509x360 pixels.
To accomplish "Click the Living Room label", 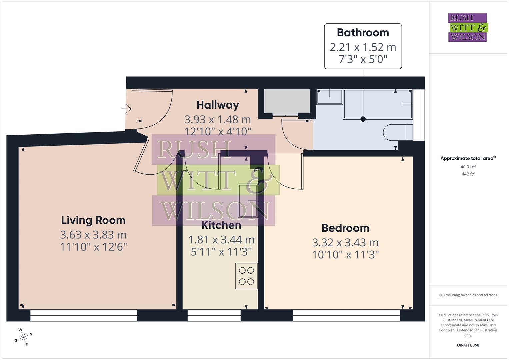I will (x=93, y=220).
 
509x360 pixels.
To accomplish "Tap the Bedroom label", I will (x=345, y=228).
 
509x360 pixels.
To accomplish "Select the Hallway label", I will (x=218, y=105).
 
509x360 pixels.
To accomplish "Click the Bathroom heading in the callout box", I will (x=363, y=33).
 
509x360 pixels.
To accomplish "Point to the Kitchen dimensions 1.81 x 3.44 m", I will (x=221, y=240).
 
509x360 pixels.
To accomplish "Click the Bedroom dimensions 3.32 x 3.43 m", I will (x=345, y=242).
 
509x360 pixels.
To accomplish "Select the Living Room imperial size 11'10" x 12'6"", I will (x=93, y=247).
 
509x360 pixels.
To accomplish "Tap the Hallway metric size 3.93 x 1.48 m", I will (x=218, y=119).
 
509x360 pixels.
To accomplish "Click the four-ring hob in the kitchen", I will (x=246, y=276).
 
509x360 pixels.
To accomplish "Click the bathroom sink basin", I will (x=329, y=97).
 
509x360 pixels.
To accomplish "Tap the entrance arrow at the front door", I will (x=126, y=108).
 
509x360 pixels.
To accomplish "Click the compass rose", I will (x=23, y=337).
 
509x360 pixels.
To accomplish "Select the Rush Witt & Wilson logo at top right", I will (x=467, y=28).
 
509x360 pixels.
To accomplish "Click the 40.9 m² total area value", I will (x=468, y=167).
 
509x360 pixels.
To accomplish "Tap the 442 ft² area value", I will (x=468, y=174).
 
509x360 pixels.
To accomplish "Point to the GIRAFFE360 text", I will (x=468, y=345).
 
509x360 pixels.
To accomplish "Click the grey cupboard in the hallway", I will (x=287, y=101).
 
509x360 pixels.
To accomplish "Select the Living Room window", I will (x=83, y=315).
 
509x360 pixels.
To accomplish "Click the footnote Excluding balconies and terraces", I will (x=468, y=295).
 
